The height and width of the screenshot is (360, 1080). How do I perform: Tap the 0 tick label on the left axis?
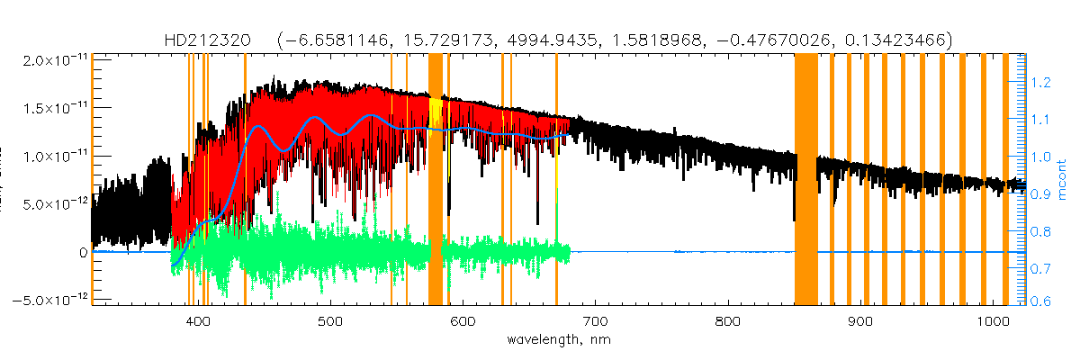pos(83,253)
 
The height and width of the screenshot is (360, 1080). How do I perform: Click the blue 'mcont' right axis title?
pos(1066,179)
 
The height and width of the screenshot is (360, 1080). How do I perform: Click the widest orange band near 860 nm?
pos(805,180)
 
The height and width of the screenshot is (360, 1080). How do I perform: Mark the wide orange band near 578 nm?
pos(436,180)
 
